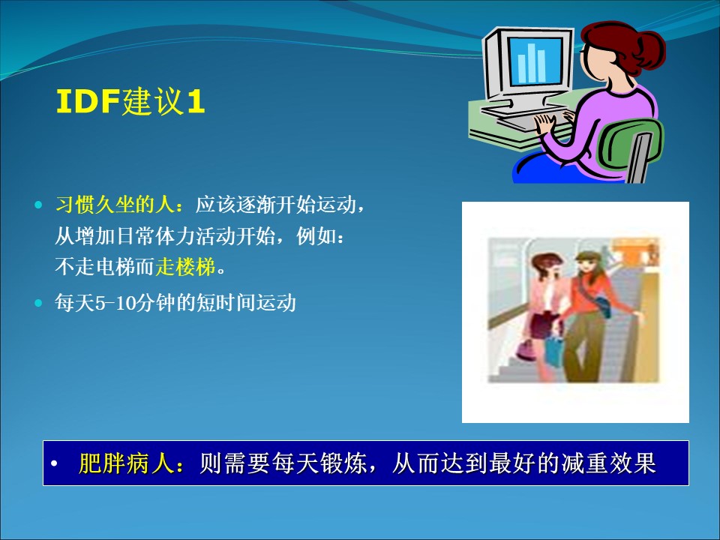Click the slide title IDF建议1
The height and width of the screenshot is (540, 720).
coord(130,101)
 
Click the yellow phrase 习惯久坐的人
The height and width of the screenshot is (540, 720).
coord(115,205)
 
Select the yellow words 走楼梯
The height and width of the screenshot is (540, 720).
coord(185,267)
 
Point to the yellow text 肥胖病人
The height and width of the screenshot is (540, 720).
coord(127,463)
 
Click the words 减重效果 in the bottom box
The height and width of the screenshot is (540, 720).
coord(608,463)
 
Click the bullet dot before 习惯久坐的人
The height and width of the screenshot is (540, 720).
coord(38,205)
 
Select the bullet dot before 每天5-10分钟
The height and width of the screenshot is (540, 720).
coord(38,303)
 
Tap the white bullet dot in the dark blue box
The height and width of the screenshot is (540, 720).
coord(54,463)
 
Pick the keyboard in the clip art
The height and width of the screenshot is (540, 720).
coord(528,116)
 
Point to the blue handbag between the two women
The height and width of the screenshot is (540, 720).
coord(555,350)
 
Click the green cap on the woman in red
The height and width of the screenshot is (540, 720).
coord(585,255)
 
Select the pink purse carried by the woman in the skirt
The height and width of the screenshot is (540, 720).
coord(525,351)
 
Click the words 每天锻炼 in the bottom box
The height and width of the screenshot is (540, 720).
coord(319,463)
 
